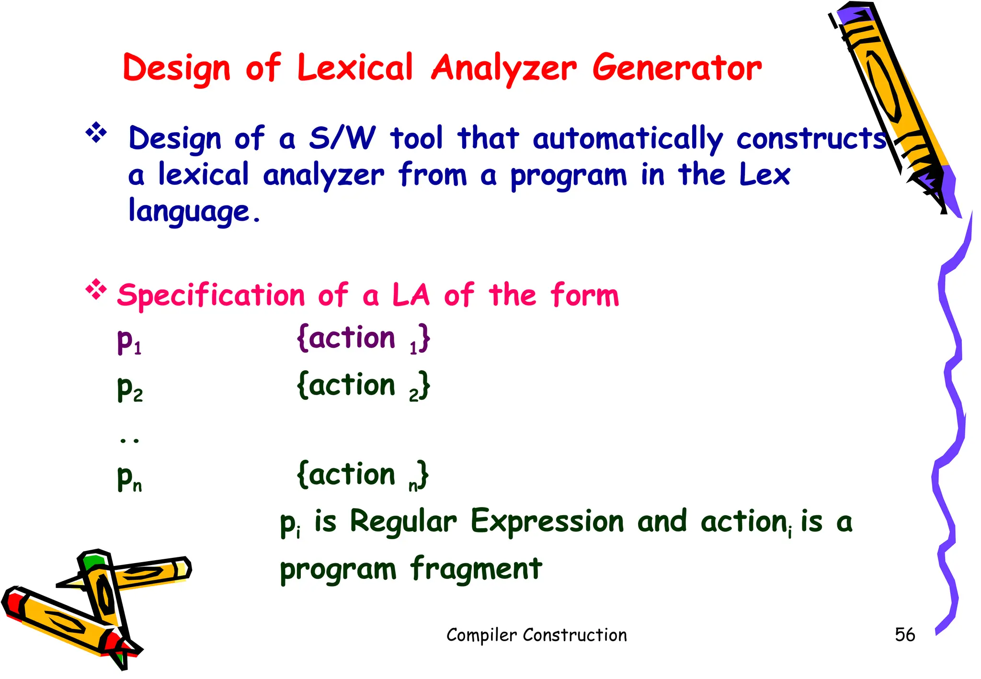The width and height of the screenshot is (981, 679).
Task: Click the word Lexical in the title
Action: coord(354,68)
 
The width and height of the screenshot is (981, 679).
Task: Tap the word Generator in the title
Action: coord(676,68)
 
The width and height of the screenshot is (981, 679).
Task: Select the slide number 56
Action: coord(904,635)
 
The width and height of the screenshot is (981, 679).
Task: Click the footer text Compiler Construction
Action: coord(536,635)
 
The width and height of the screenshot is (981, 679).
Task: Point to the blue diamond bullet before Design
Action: coord(96,133)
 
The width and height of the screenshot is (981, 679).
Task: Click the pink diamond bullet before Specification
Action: coord(96,289)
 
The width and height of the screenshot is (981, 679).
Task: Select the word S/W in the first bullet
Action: coord(342,138)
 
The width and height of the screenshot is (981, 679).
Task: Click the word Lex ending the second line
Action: coord(764,175)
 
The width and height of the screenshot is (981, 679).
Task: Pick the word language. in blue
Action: coord(194,211)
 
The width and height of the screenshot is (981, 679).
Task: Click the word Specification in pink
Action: coord(211,295)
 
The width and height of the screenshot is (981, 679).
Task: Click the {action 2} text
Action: coord(363,386)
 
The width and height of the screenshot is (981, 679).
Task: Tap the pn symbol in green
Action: coord(129,477)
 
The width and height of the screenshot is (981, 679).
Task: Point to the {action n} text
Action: coord(362,475)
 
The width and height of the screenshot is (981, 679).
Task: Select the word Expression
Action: coord(547,521)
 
